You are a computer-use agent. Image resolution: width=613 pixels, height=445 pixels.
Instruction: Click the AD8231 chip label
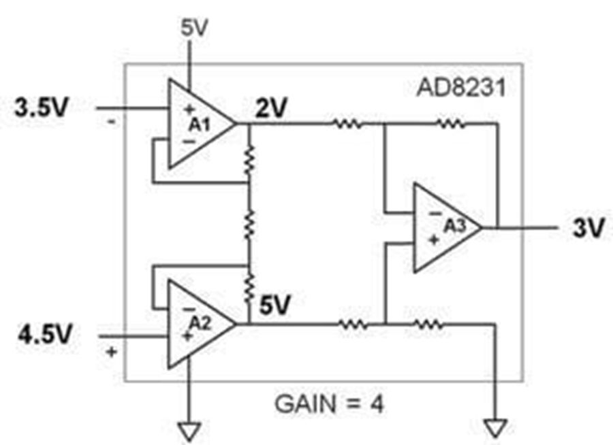tap(461, 88)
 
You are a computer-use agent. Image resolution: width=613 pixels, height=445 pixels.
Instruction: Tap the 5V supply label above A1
tap(194, 28)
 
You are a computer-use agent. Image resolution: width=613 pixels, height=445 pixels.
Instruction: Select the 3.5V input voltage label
tap(42, 108)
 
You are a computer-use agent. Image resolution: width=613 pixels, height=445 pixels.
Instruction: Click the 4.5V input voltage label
tap(46, 334)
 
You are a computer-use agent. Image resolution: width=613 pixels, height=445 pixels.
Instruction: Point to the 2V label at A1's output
tap(272, 108)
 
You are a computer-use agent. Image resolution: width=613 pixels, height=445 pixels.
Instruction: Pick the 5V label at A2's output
tap(275, 305)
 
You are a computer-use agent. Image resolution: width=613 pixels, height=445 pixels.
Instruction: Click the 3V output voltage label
tap(588, 227)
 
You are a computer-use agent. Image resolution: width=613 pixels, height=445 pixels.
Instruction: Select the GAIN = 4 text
tap(330, 404)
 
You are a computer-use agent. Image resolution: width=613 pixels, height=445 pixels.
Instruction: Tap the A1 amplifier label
tap(200, 125)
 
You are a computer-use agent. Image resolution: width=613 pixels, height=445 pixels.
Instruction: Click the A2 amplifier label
tap(200, 323)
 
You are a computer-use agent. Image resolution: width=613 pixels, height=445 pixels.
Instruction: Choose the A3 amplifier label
tap(455, 226)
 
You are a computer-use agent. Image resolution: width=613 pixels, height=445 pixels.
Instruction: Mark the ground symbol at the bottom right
tap(496, 428)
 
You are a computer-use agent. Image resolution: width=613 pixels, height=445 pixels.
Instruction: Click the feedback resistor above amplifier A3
tap(451, 124)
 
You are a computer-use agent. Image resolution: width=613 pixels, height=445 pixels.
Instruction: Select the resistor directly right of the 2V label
tap(347, 124)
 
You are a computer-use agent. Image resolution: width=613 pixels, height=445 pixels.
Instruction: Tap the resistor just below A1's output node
tap(249, 160)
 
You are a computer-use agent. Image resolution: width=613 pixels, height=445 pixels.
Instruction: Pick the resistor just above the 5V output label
tap(249, 288)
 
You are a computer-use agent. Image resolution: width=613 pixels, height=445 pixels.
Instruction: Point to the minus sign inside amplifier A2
tap(189, 310)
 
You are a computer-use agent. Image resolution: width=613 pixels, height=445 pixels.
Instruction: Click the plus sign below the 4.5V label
tap(112, 352)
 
